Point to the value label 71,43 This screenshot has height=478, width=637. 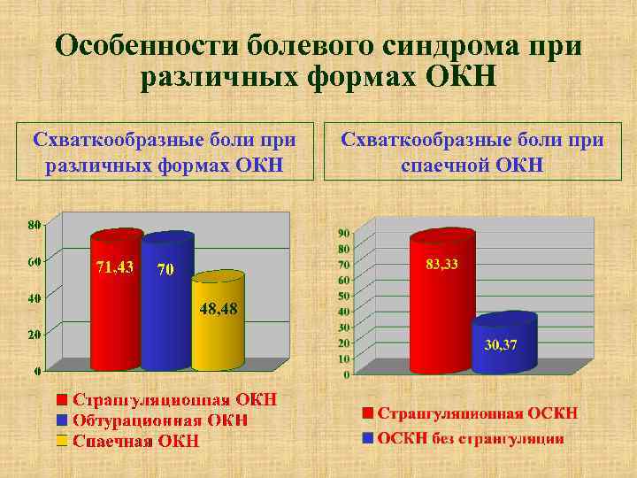tap(114, 268)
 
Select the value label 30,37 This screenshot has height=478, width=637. tap(501, 344)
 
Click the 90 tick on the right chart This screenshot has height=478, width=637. tap(343, 233)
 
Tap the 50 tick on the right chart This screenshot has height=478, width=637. tap(343, 296)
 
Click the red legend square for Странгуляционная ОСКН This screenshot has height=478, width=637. tap(367, 414)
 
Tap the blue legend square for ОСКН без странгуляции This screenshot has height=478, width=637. tap(367, 438)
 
